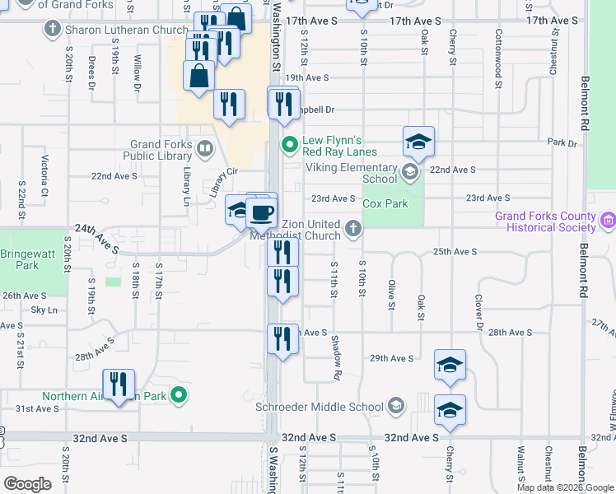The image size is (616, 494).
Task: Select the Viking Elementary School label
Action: point(352,173)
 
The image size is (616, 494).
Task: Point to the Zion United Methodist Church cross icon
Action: point(353,229)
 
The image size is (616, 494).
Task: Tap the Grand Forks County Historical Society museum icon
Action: point(608,221)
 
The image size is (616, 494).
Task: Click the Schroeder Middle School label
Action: point(330,407)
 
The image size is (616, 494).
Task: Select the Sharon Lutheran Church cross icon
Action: point(53,30)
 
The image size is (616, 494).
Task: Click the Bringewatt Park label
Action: point(21,260)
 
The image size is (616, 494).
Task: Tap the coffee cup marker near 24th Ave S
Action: point(262,213)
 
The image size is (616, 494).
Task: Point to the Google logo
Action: point(28,484)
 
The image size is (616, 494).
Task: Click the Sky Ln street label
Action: point(44,310)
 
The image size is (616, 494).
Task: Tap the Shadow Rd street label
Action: point(336,357)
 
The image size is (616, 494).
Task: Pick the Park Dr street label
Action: point(562,142)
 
